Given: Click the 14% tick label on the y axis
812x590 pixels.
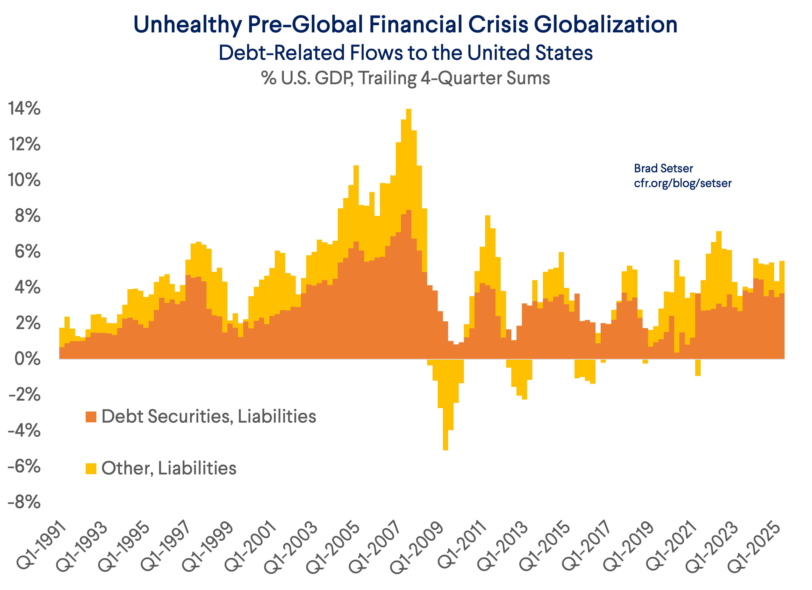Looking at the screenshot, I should [24, 108].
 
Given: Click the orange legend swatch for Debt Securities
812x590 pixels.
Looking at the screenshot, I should [91, 417].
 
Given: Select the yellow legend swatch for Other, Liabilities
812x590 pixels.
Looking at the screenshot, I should [91, 468].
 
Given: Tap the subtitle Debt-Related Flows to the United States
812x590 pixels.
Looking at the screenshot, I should [406, 53].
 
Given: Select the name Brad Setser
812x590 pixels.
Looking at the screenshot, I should [663, 168].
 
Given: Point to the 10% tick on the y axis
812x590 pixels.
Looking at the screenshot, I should [24, 180].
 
